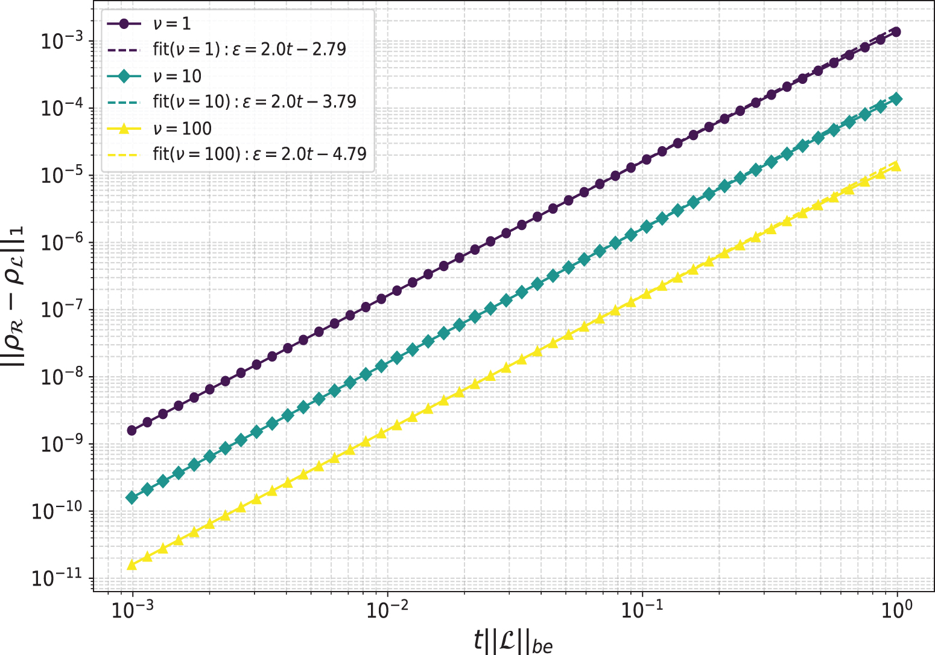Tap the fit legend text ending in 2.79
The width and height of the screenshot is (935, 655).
250,50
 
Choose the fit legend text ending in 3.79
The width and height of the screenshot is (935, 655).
255,101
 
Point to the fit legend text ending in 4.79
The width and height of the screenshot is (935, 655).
259,154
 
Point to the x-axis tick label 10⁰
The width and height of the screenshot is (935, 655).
898,611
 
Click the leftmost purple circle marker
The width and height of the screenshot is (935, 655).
132,430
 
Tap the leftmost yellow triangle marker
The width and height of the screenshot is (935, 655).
132,564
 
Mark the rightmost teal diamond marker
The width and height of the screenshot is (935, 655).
896,99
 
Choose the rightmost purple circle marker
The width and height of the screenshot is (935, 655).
896,32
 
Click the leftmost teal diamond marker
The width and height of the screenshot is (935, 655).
132,497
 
